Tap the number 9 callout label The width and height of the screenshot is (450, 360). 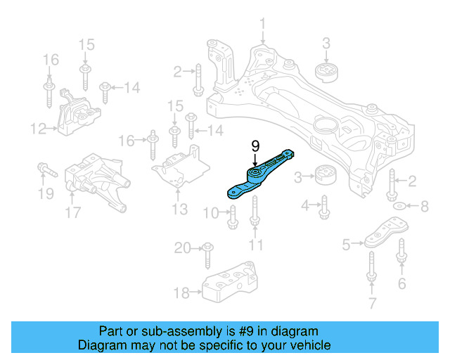(255, 146)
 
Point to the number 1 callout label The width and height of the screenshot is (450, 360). (262, 27)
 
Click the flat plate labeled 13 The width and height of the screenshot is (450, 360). (180, 169)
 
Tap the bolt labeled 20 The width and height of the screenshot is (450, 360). (207, 255)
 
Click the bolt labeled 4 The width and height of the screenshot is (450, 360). (325, 207)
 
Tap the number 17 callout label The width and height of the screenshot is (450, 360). (72, 210)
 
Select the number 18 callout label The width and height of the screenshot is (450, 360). (181, 292)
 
